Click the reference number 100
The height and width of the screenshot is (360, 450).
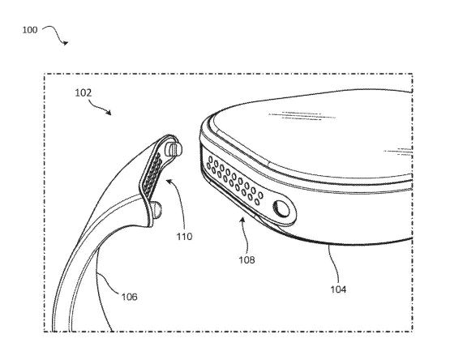tap(30, 30)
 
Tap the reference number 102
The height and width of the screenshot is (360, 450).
tap(84, 93)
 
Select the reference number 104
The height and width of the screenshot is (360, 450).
tap(338, 289)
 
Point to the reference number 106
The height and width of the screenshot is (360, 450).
tap(130, 297)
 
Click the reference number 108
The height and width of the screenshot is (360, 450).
tap(246, 259)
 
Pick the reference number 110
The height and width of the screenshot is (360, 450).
tap(184, 237)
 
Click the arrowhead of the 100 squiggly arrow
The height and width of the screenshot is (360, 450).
tap(66, 43)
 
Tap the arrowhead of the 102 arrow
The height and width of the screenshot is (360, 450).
tap(109, 112)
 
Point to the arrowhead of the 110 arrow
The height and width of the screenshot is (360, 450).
tap(169, 181)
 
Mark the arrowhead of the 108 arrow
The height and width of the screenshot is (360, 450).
tap(242, 220)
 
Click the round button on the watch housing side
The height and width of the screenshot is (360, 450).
tap(281, 208)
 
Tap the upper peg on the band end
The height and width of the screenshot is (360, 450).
tap(174, 148)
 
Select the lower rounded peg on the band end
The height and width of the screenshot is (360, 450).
tap(156, 209)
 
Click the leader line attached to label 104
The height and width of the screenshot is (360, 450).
tap(334, 264)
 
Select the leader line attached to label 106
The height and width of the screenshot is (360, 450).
tap(109, 283)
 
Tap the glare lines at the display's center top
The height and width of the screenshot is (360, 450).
tap(302, 116)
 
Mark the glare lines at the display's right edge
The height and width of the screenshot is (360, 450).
tap(398, 152)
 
